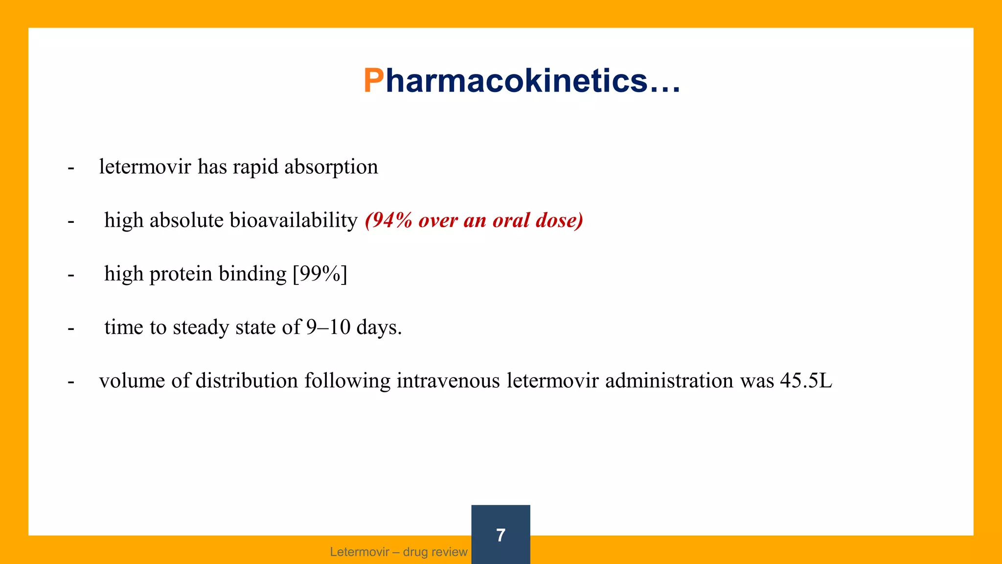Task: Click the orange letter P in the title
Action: [x=374, y=81]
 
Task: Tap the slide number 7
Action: [x=501, y=535]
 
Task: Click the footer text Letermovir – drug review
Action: [x=399, y=552]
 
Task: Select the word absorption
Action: [x=331, y=167]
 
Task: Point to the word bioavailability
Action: [x=294, y=220]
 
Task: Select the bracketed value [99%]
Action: [x=320, y=274]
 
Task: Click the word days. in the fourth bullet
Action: [x=379, y=328]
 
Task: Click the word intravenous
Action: [x=448, y=380]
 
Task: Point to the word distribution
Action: [x=247, y=380]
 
